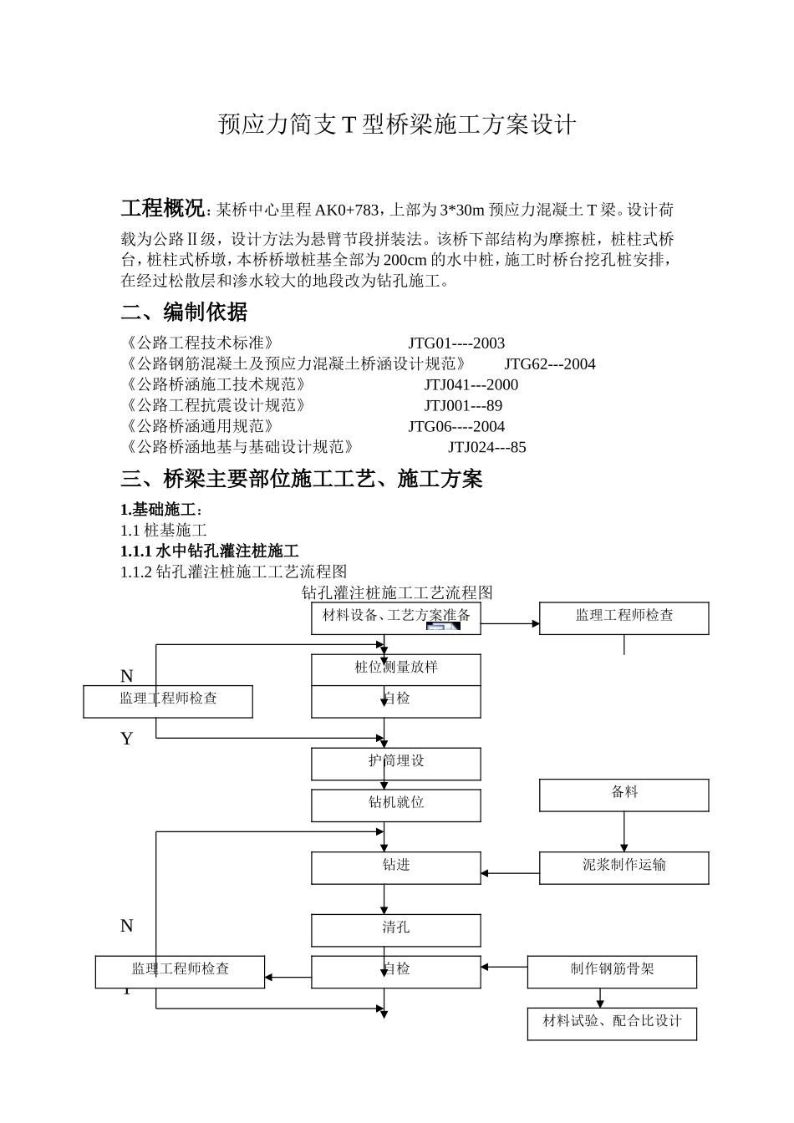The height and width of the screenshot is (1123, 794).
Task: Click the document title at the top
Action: [x=397, y=125]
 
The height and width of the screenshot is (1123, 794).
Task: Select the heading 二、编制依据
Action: [x=184, y=313]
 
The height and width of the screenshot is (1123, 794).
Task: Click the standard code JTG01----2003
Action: [x=456, y=343]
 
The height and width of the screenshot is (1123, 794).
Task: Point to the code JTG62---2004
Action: [x=549, y=364]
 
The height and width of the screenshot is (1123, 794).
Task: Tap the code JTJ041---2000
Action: [x=471, y=385]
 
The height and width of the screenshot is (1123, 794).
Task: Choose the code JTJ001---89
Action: [x=463, y=406]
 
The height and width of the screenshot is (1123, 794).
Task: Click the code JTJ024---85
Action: [x=486, y=448]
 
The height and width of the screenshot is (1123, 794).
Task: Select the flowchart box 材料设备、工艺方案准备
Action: [x=396, y=617]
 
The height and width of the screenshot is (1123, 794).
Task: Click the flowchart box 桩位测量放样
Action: [x=396, y=668]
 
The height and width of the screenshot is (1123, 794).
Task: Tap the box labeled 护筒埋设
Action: [x=396, y=762]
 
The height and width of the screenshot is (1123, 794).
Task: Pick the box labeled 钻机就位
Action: [x=396, y=804]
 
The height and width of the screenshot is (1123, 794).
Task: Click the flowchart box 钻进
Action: [x=396, y=866]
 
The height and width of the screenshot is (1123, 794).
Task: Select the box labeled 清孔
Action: [x=396, y=928]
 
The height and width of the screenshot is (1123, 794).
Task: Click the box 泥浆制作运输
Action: [x=623, y=866]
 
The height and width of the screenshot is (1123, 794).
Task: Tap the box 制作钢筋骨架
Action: [x=612, y=970]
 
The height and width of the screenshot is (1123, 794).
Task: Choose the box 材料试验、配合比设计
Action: [x=612, y=1022]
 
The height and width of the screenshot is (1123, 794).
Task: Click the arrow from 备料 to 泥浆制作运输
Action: [x=623, y=832]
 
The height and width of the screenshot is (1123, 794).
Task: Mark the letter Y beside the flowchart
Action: [x=127, y=739]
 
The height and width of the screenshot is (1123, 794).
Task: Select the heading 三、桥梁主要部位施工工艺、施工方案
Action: [x=302, y=480]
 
